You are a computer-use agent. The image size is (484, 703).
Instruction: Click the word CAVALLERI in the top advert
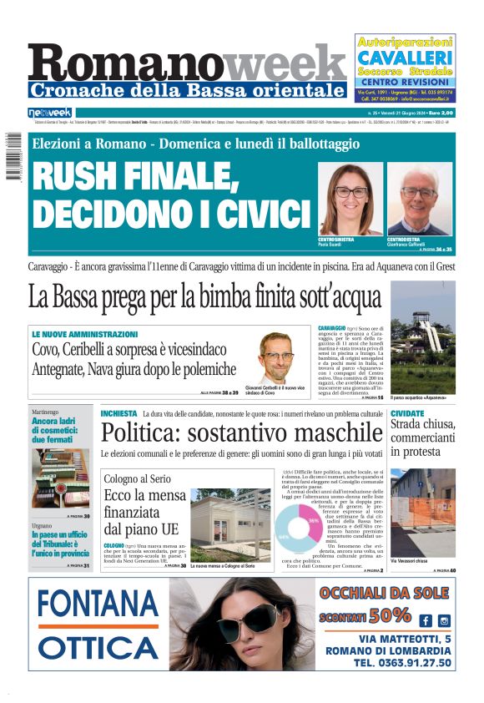click(406, 58)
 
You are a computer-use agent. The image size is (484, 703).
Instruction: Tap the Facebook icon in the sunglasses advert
click(426, 620)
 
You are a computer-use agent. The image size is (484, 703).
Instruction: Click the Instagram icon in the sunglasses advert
click(444, 620)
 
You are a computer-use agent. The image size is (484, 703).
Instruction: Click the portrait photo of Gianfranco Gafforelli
click(419, 200)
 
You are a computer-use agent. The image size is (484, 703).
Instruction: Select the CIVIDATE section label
click(407, 413)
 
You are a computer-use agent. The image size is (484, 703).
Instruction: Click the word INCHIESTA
click(118, 413)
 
